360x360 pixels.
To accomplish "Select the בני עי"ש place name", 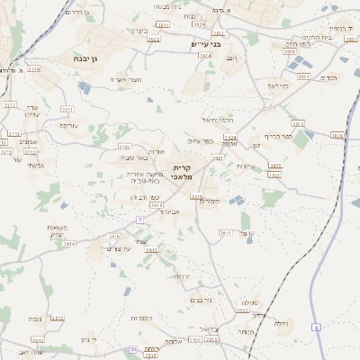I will click(x=205, y=43).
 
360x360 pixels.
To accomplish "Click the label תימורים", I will click(x=210, y=201).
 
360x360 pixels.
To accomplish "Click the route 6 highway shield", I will click(x=316, y=326).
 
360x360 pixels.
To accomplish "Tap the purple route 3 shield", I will click(x=139, y=219).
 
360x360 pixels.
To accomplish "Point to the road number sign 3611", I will click(x=225, y=232).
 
